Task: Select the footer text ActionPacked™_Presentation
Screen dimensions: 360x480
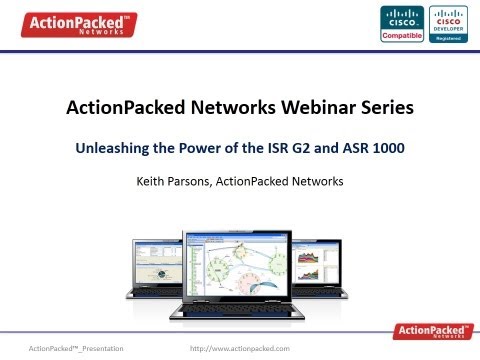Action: pyautogui.click(x=78, y=347)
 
